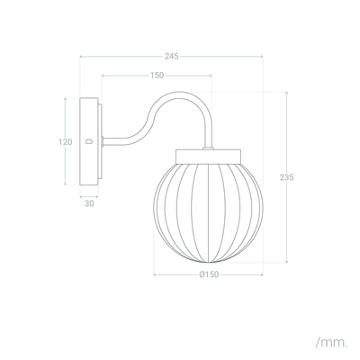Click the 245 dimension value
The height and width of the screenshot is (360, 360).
[171, 57]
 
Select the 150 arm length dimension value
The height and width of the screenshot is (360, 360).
[157, 76]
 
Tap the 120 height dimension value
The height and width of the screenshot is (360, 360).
[66, 141]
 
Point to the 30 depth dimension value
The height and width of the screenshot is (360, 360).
[89, 203]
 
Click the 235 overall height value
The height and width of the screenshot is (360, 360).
[287, 177]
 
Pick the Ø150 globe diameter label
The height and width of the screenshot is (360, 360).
[209, 274]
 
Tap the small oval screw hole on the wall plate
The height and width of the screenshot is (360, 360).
[88, 141]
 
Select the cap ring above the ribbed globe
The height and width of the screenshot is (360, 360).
[208, 157]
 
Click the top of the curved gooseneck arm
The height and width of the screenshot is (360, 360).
[180, 93]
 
